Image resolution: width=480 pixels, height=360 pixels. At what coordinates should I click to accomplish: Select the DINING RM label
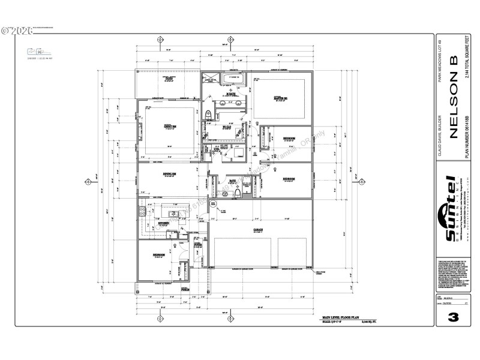click(169, 175)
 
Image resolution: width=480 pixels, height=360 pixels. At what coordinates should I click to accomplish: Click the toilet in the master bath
click(208, 114)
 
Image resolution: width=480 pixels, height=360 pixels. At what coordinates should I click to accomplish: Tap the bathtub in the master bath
click(232, 78)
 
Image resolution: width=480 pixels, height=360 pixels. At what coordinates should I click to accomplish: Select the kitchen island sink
click(172, 213)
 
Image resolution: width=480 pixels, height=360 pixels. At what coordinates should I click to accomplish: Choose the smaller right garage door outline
click(292, 252)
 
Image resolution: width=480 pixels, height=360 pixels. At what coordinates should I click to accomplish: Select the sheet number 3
click(453, 316)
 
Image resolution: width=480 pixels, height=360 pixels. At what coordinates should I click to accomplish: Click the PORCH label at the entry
click(185, 289)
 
